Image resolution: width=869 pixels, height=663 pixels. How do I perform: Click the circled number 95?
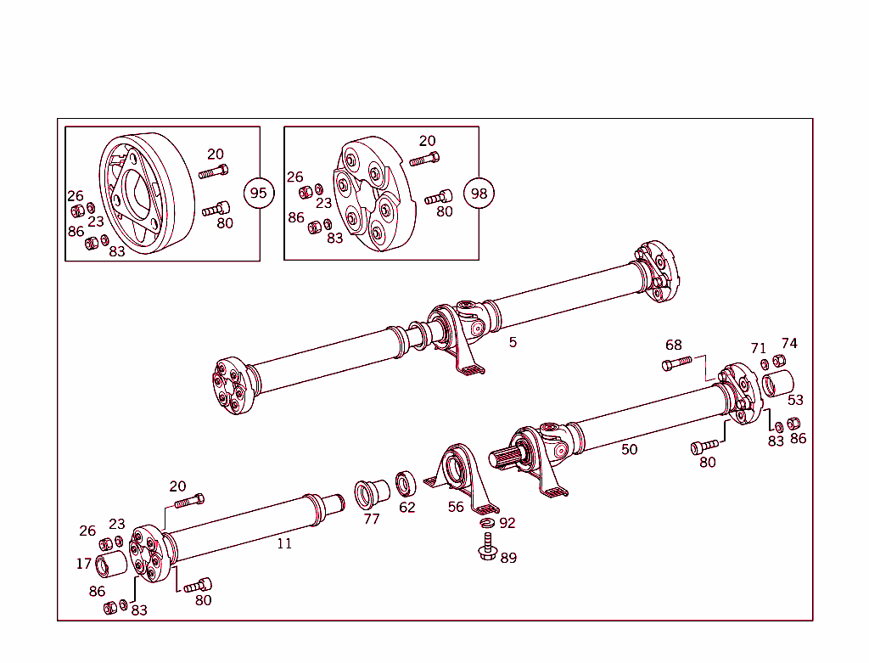[259, 193]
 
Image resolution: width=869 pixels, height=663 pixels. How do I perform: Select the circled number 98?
[479, 194]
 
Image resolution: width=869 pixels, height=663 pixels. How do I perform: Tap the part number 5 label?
[513, 342]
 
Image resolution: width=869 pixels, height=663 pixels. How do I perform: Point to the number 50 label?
[629, 449]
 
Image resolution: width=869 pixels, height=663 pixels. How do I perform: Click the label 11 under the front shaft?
[284, 543]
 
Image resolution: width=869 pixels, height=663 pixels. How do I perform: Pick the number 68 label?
[673, 346]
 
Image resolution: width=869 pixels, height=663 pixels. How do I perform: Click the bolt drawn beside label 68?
[676, 365]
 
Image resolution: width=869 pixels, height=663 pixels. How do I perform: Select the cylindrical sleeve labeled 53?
[776, 384]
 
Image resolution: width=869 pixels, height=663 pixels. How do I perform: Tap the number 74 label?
[789, 344]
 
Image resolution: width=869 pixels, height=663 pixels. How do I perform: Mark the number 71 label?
[758, 348]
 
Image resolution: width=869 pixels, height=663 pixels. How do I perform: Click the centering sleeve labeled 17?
[109, 565]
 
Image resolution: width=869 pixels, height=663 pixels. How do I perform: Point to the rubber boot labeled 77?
[371, 491]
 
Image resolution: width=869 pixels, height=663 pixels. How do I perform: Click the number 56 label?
[456, 507]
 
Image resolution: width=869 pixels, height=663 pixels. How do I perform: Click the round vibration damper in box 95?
[144, 193]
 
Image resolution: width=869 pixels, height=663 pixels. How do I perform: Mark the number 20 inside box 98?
[427, 141]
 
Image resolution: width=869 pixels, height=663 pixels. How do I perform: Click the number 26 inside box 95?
[76, 196]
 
